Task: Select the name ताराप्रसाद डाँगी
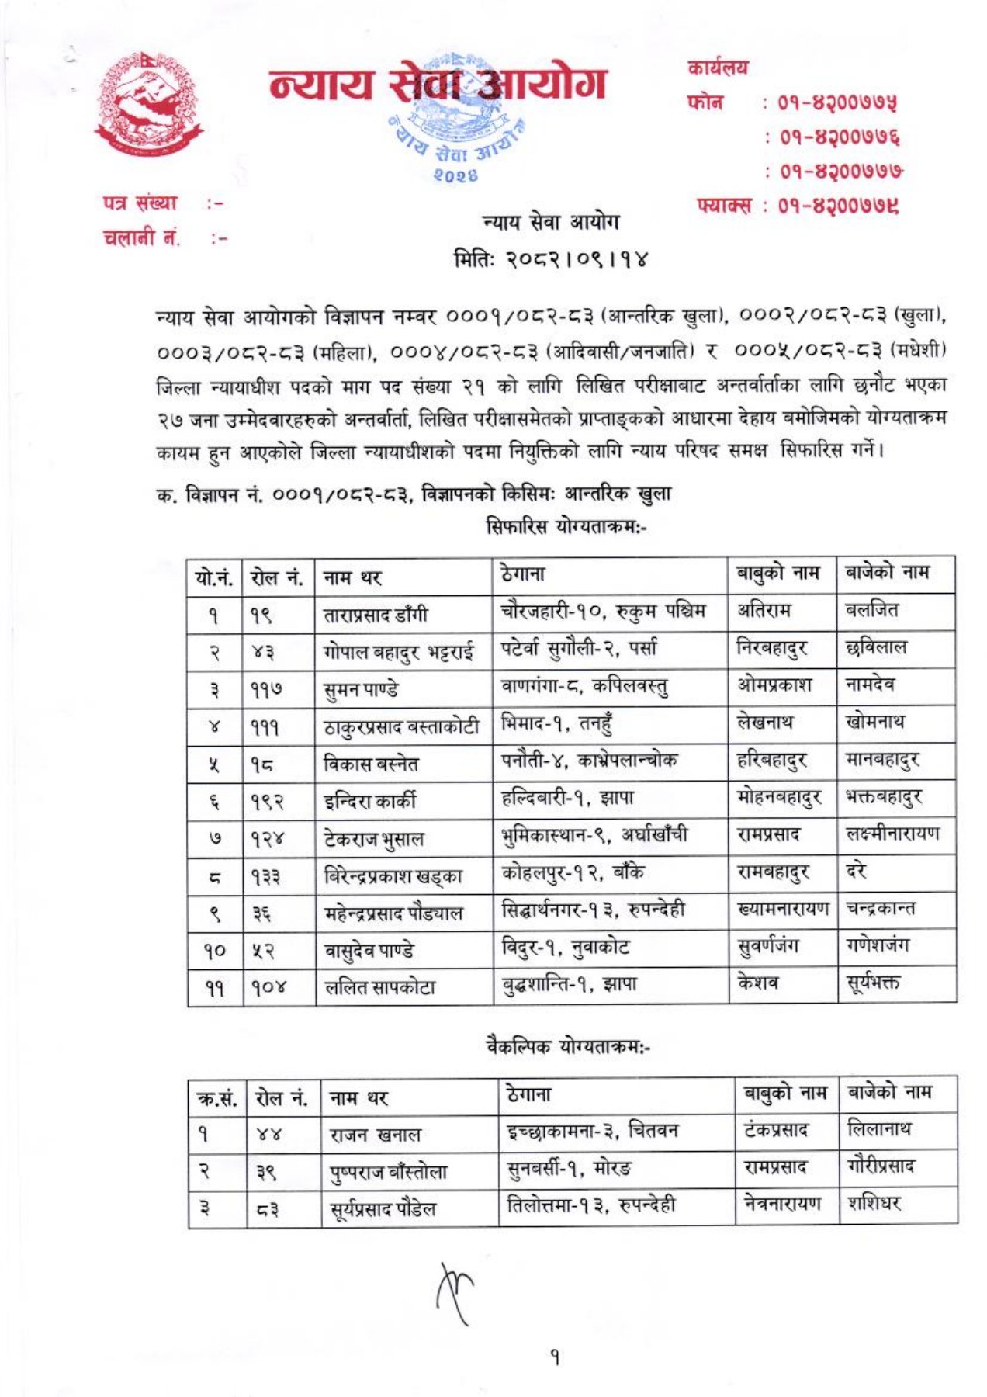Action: coord(376,615)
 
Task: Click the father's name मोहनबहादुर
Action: coord(780,797)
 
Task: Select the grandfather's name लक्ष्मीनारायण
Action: coord(892,834)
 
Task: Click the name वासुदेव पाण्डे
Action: coord(369,951)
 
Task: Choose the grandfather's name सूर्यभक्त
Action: coord(873,983)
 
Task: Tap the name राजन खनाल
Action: coord(376,1135)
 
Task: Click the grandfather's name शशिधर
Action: coord(874,1204)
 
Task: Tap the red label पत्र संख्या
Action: coord(140,203)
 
